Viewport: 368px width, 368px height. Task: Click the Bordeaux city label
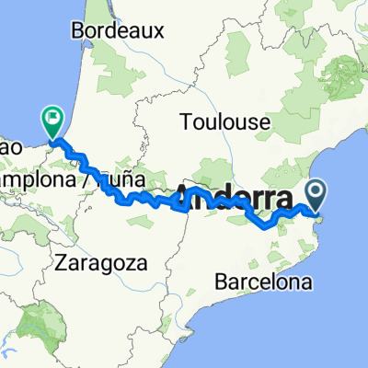pyautogui.click(x=117, y=30)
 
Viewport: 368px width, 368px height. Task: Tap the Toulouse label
pyautogui.click(x=224, y=121)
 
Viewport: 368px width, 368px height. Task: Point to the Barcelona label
pyautogui.click(x=262, y=282)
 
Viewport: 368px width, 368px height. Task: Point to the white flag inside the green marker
pyautogui.click(x=52, y=118)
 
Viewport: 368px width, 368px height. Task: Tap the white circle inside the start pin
pyautogui.click(x=317, y=192)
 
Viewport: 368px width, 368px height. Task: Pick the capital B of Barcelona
pyautogui.click(x=217, y=282)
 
